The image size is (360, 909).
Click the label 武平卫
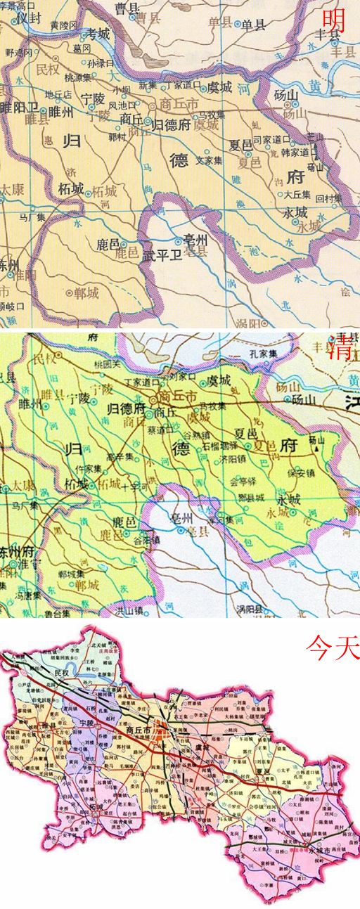162,256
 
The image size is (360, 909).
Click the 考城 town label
98,34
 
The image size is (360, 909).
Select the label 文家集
209,160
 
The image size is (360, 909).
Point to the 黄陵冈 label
64,25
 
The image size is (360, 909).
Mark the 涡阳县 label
251,609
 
